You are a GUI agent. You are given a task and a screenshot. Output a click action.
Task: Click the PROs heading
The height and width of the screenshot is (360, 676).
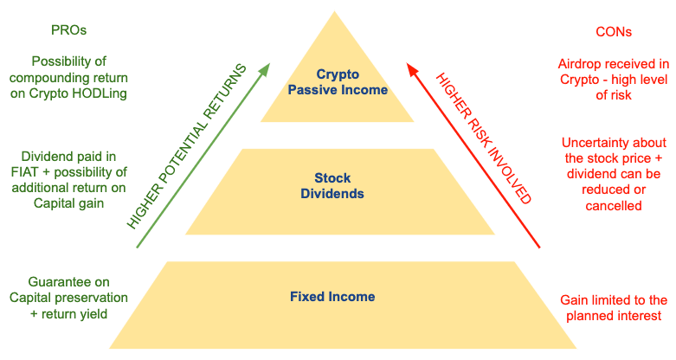click(69, 30)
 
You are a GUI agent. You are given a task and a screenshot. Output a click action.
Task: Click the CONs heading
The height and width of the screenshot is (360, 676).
click(614, 32)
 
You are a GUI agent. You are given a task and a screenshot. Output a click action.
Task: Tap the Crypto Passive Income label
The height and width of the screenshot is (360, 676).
click(338, 81)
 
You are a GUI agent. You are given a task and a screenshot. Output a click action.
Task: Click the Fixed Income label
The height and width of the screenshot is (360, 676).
click(332, 297)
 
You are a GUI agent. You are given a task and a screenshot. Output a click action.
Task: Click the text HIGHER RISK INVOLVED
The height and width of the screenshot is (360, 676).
click(483, 139)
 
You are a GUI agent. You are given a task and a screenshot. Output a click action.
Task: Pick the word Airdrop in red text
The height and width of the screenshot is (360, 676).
click(582, 63)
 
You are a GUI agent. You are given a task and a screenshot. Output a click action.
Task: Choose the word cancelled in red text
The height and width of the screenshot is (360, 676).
click(615, 206)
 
